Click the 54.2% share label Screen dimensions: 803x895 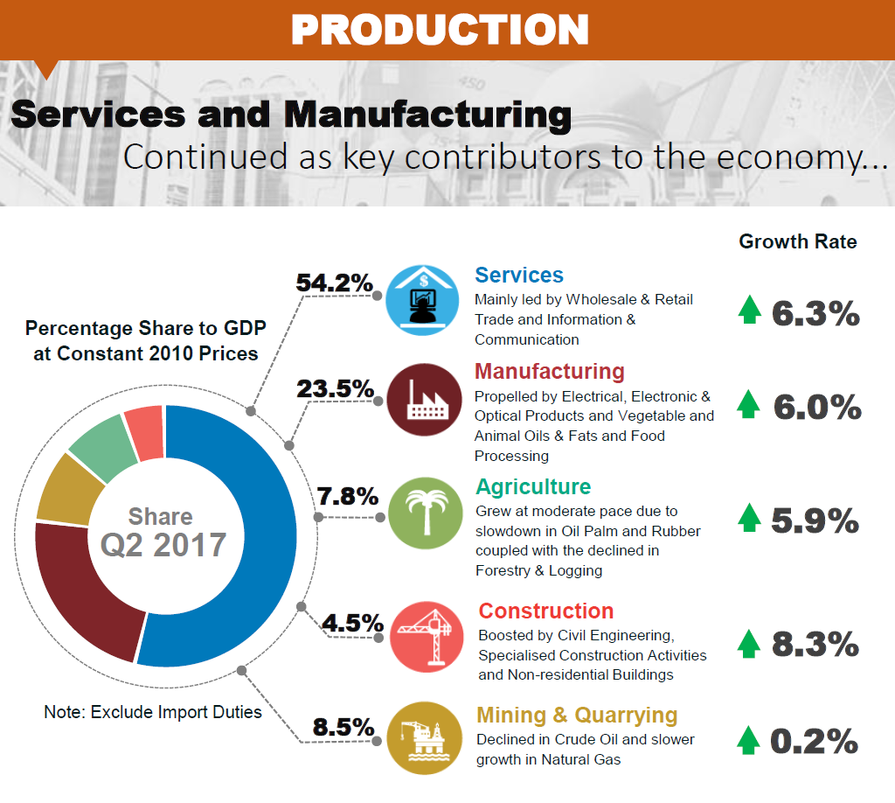[335, 283]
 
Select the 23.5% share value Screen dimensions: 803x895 [335, 388]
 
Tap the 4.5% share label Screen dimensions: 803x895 [352, 623]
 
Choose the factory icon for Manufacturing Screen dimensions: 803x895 [424, 401]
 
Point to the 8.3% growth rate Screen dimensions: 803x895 [815, 645]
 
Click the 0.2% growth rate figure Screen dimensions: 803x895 [814, 742]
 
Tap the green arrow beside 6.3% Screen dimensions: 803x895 [749, 311]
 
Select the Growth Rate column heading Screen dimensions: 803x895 [798, 241]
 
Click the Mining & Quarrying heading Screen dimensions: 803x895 [577, 716]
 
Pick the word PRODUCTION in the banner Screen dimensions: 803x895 [440, 30]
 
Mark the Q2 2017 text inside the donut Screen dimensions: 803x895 [163, 545]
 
